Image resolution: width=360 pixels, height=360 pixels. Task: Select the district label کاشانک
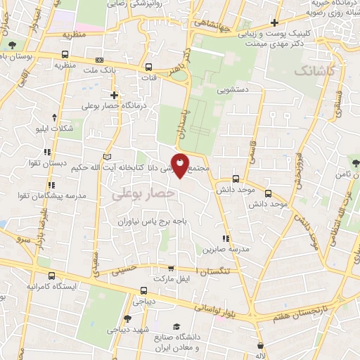314,71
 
